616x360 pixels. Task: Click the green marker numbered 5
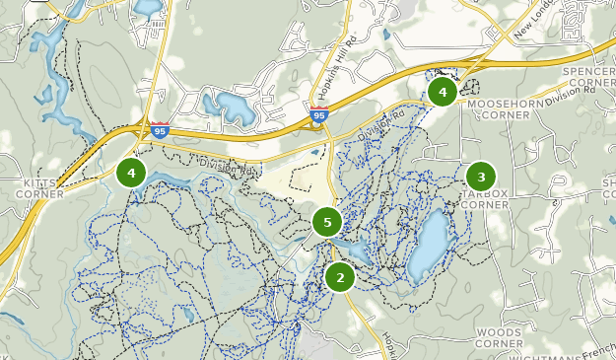click(x=327, y=222)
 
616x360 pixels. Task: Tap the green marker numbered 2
click(x=340, y=277)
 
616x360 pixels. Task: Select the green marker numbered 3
click(x=481, y=178)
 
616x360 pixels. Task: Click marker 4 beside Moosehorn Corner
click(x=443, y=93)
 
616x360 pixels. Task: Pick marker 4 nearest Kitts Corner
click(x=131, y=173)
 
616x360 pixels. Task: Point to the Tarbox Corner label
click(x=486, y=199)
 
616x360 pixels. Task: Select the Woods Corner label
click(x=498, y=338)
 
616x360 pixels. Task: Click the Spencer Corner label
click(x=588, y=78)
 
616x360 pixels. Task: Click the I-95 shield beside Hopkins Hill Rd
click(x=317, y=115)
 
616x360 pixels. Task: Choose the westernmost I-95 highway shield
click(x=160, y=129)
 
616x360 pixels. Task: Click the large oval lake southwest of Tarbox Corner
click(x=432, y=243)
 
